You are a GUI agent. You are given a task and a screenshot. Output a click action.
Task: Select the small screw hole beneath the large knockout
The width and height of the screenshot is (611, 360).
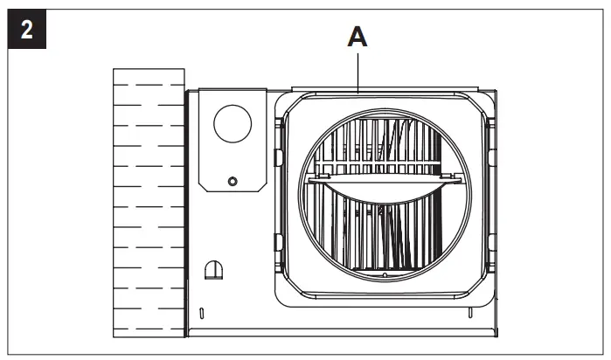point(231,181)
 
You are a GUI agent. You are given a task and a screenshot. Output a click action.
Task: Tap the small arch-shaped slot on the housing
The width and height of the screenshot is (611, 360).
point(212,270)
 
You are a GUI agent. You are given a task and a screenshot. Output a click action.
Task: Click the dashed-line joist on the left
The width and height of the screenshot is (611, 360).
point(149,201)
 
